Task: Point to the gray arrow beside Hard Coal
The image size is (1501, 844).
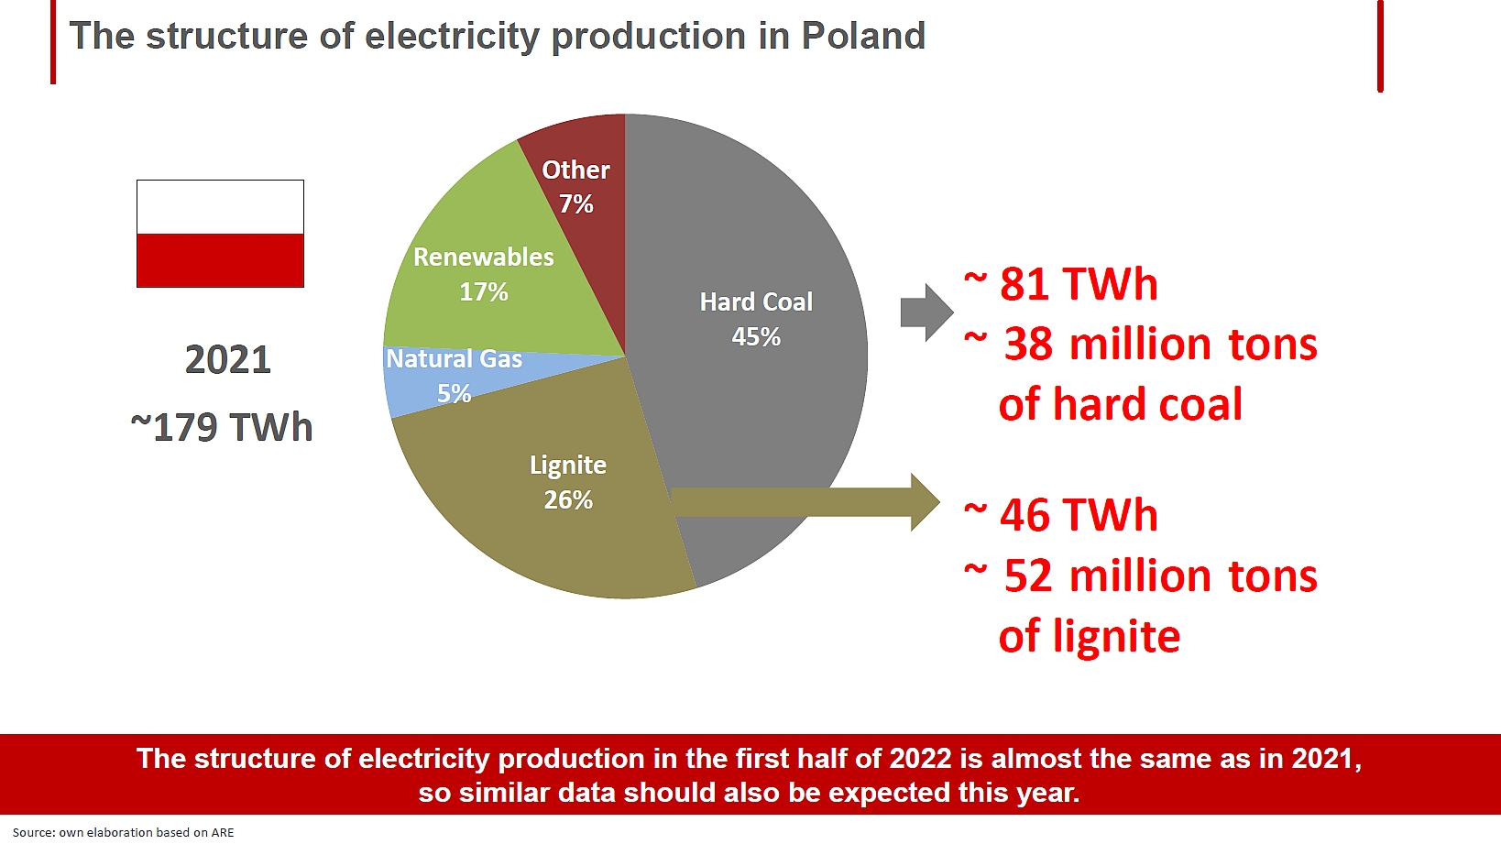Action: (926, 312)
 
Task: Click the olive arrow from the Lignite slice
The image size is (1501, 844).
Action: (805, 502)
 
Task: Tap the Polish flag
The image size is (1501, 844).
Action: (221, 234)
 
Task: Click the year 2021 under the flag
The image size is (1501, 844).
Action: (228, 360)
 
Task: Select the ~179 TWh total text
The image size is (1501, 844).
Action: (222, 427)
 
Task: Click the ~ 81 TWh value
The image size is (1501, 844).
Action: (1061, 283)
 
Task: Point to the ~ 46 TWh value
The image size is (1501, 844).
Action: (1061, 515)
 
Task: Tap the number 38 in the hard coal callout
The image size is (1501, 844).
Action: (1028, 345)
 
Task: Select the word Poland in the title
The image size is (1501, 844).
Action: (863, 36)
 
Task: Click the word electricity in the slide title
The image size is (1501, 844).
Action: (452, 37)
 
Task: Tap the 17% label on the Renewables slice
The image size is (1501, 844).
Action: (484, 292)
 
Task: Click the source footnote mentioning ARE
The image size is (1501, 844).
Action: (124, 833)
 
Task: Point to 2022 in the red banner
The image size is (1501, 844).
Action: (920, 759)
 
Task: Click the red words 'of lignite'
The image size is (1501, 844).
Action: (1090, 636)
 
